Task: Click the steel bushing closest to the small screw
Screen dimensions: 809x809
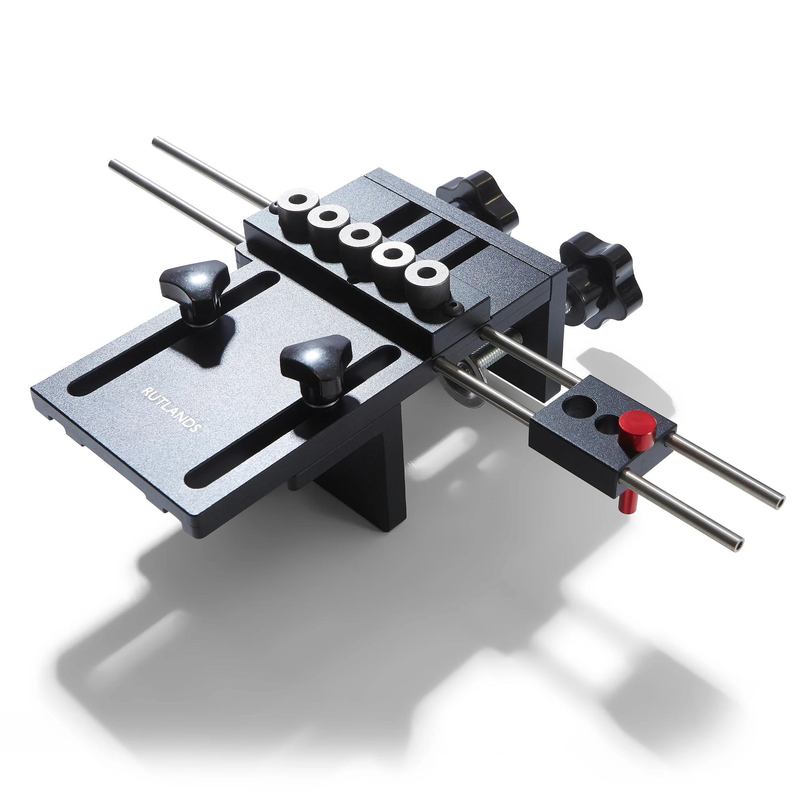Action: pyautogui.click(x=426, y=279)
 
